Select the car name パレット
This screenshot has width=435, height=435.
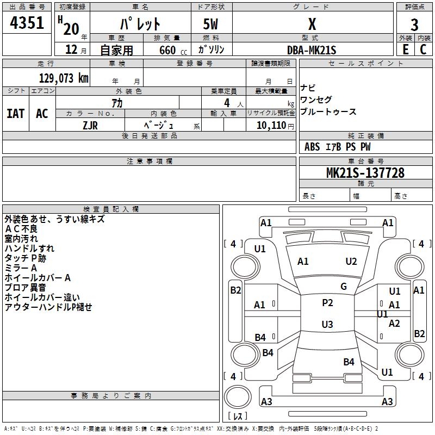click(140, 24)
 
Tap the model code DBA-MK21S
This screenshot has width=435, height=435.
click(312, 50)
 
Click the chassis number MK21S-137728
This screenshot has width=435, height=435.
click(365, 173)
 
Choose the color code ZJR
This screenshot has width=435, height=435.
click(90, 125)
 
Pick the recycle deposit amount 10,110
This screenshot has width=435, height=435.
click(270, 125)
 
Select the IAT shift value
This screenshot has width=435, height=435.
click(15, 114)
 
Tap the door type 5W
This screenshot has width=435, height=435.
click(212, 24)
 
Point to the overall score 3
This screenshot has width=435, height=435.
click(414, 24)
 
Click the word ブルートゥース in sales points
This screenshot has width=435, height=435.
click(328, 112)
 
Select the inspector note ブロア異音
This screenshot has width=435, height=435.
click(26, 288)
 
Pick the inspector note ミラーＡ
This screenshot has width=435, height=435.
click(21, 268)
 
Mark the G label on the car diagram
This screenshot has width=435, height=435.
click(344, 287)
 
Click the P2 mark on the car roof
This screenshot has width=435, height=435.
click(327, 303)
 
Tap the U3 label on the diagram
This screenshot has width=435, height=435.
click(327, 325)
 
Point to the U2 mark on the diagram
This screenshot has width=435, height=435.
click(351, 262)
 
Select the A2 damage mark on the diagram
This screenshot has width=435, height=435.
click(394, 324)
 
